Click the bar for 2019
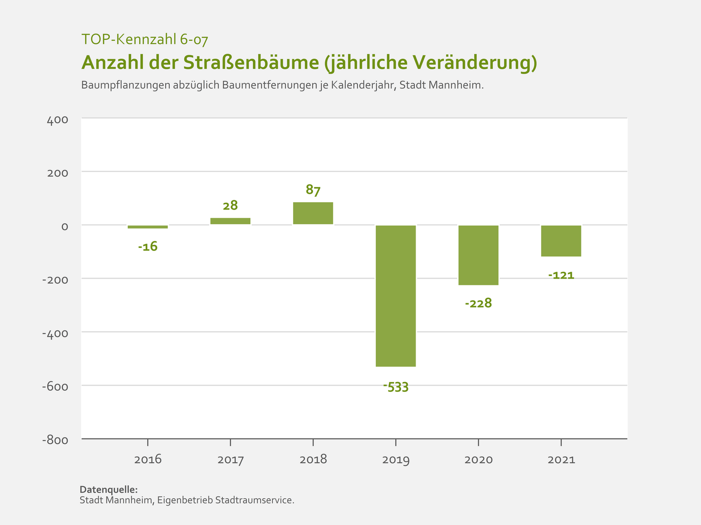[396, 296]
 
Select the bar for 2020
[478, 255]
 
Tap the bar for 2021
[561, 241]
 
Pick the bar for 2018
[313, 213]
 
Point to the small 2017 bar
[230, 221]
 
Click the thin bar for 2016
[148, 227]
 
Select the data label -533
[396, 387]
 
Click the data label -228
[478, 303]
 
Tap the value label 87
[313, 190]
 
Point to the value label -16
[148, 246]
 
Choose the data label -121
[561, 275]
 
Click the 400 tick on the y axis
[57, 120]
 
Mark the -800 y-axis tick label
[55, 440]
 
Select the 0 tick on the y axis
[64, 227]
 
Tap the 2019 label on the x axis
[396, 460]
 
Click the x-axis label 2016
[148, 460]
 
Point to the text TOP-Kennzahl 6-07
[145, 39]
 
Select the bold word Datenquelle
[108, 490]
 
